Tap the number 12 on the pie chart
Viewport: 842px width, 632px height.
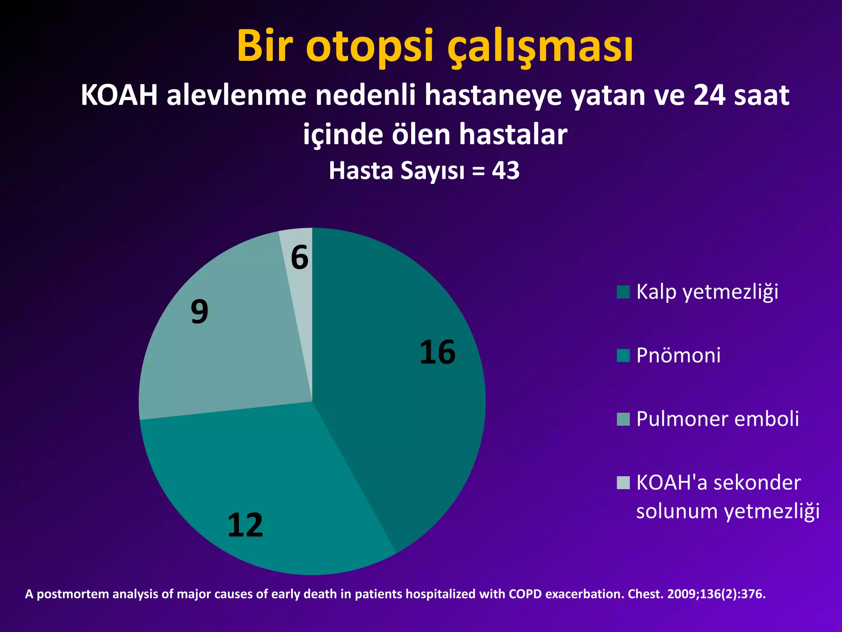pos(245,525)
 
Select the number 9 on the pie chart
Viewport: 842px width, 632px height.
pos(199,311)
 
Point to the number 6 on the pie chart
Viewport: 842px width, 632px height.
pos(299,258)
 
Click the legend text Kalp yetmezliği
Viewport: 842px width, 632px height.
pos(707,292)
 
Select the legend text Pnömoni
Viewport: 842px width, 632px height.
pos(678,355)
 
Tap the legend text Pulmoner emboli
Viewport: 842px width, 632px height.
pos(717,419)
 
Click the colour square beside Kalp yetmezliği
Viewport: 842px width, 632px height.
pos(623,292)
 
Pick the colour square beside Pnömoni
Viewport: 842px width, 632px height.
pos(623,355)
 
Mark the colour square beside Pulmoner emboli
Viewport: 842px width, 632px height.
pos(623,419)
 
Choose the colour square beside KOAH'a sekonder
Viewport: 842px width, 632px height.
pos(623,482)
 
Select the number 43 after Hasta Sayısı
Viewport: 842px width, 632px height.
pos(506,170)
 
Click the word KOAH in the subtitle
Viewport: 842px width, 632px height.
pos(119,95)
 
